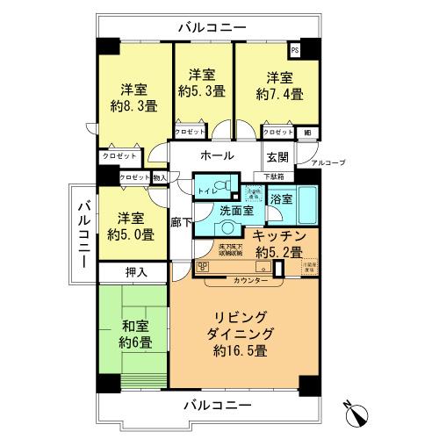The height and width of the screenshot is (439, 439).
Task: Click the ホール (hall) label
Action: click(217, 155)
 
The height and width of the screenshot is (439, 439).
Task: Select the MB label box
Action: click(306, 133)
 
